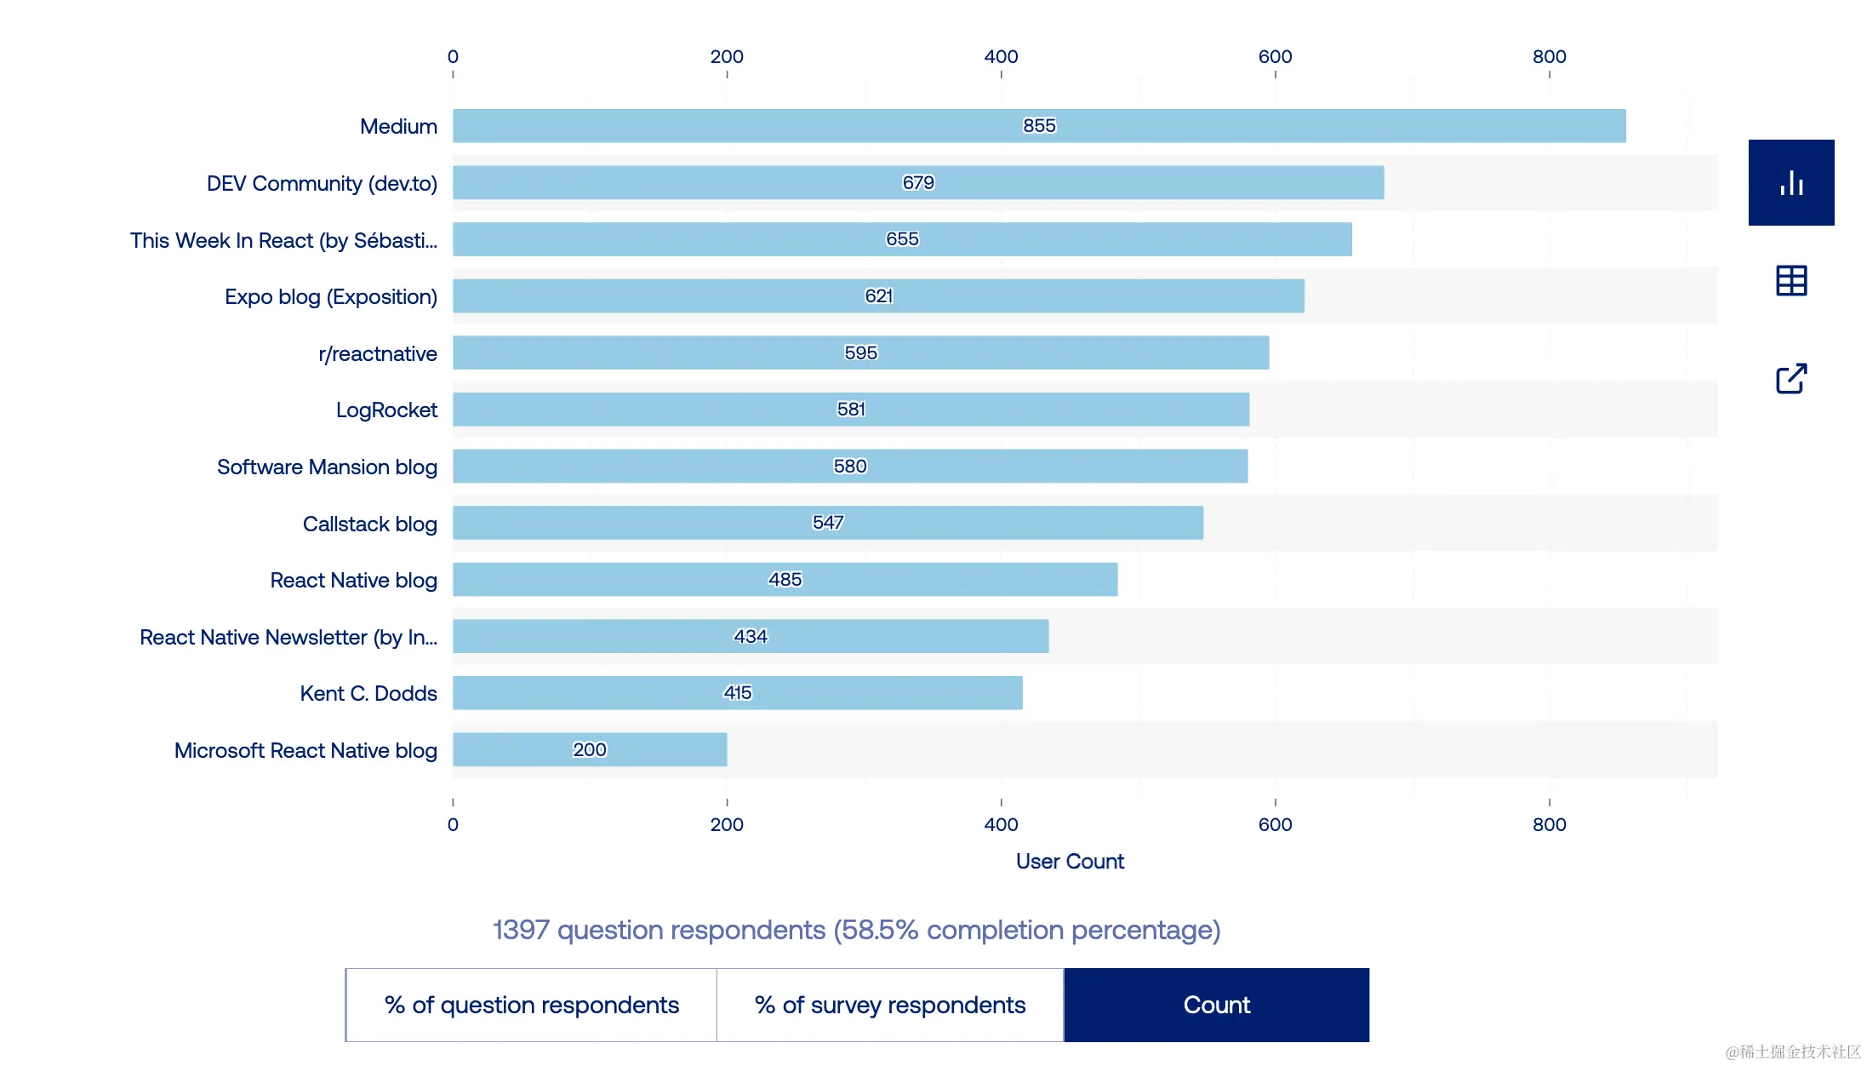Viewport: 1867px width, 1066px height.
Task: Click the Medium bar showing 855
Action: (1038, 126)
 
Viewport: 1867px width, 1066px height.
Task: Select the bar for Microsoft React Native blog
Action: (589, 749)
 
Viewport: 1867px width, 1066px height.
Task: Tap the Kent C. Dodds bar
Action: (737, 693)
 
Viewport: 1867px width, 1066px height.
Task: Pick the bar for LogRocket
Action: (850, 410)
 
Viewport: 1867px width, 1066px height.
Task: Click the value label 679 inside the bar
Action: (918, 182)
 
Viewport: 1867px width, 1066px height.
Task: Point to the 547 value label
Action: (828, 523)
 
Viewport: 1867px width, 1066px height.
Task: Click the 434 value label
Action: (751, 636)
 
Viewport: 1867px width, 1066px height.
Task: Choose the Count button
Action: (1216, 1005)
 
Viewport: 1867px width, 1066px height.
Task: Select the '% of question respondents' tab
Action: (532, 1005)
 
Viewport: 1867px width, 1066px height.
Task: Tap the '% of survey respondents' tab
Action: (890, 1005)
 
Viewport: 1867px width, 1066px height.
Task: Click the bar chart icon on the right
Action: (1791, 183)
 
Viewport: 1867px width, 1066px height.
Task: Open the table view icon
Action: (1791, 281)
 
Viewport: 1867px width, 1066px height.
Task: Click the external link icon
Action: (1791, 379)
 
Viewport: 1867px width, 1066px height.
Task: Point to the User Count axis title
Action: (1070, 862)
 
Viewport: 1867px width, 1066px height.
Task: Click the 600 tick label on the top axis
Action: (1275, 57)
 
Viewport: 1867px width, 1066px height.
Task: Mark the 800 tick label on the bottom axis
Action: (1549, 824)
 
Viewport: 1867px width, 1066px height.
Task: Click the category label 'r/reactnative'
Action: (378, 353)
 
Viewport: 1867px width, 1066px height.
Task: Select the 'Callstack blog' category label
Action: (370, 524)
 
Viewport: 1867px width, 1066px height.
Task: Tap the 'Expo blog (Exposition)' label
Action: (331, 296)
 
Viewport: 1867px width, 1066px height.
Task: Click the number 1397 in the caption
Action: (521, 930)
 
